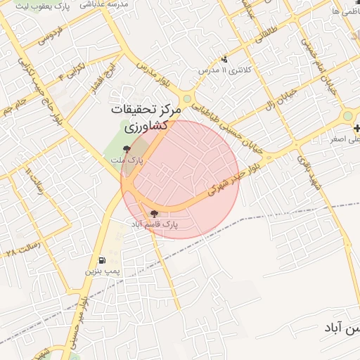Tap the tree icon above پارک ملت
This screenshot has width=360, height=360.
point(127,148)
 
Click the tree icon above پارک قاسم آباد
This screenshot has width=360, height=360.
point(154,213)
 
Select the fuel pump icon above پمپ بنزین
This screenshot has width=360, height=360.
point(103,259)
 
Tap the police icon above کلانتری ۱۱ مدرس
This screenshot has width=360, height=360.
point(224,59)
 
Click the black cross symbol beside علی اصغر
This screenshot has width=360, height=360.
point(357,128)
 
